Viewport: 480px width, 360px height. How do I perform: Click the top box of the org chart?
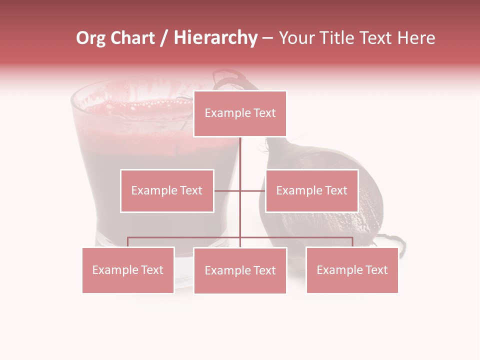pos(240,113)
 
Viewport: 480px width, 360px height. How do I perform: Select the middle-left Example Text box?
pos(167,190)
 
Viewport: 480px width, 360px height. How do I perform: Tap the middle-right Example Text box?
pos(311,190)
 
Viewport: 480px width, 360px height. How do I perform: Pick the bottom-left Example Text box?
pos(128,270)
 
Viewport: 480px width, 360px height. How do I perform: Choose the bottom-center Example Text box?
pos(240,270)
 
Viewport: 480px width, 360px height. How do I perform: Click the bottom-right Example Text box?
pos(352,270)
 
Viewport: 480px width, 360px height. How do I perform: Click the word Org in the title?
pos(90,38)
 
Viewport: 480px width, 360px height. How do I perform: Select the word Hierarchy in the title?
pos(215,38)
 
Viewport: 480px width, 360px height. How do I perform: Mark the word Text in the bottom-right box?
pos(376,270)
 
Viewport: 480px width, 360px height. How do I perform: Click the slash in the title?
pos(163,38)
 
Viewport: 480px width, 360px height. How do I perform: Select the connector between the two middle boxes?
pos(240,190)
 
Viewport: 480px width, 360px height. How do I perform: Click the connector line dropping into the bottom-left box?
pos(128,242)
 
